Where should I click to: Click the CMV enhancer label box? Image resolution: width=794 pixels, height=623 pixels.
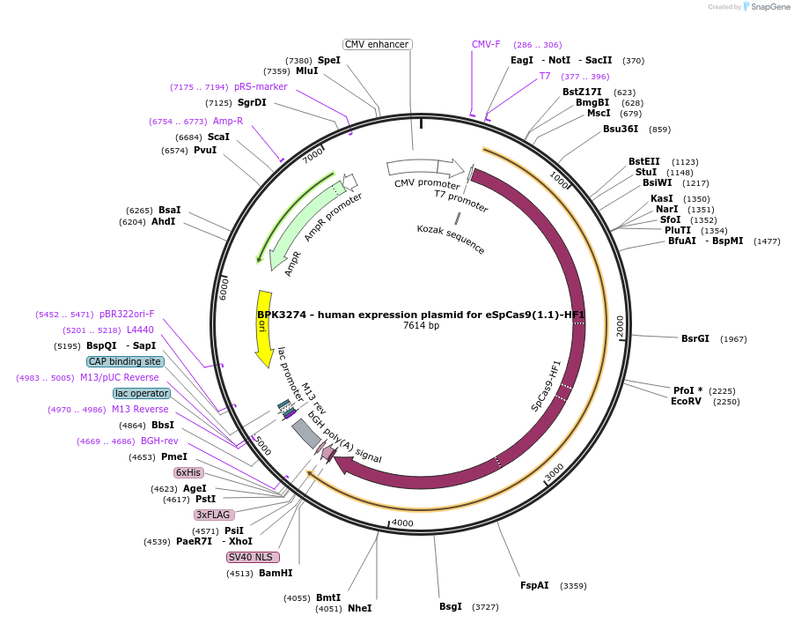pos(378,44)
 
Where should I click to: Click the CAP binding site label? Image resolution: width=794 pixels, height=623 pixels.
pos(125,361)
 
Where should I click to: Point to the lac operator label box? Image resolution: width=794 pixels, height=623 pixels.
pos(141,393)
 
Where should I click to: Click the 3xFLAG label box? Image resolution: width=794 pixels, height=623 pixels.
pos(214,515)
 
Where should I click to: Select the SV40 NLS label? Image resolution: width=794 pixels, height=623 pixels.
pos(253,557)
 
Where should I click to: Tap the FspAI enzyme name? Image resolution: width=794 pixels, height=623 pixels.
pos(533,585)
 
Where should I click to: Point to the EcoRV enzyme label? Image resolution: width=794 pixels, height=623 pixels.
pos(686,401)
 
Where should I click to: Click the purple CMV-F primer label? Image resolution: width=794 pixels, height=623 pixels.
pos(486,44)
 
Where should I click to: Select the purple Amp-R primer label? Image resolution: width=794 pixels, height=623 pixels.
pos(228,121)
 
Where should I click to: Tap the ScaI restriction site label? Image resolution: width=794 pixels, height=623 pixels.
pos(218,137)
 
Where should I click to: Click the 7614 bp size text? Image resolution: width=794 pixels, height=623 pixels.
pos(421,326)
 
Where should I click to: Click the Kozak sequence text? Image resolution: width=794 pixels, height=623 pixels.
pos(451,240)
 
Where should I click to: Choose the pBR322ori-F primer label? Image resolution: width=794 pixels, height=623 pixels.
pos(127,314)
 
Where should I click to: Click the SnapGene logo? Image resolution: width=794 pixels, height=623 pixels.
pos(765,7)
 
